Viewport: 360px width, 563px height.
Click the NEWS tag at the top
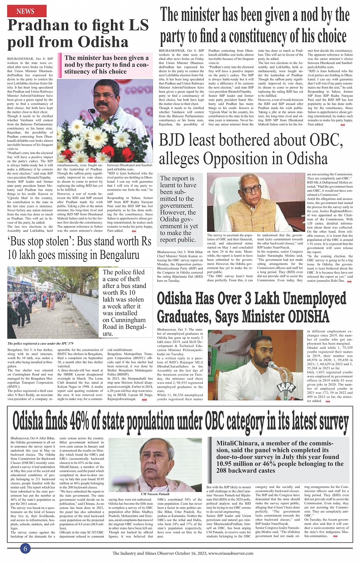pyautogui.click(x=25, y=11)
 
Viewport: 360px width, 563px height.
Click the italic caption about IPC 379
pyautogui.click(x=40, y=343)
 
